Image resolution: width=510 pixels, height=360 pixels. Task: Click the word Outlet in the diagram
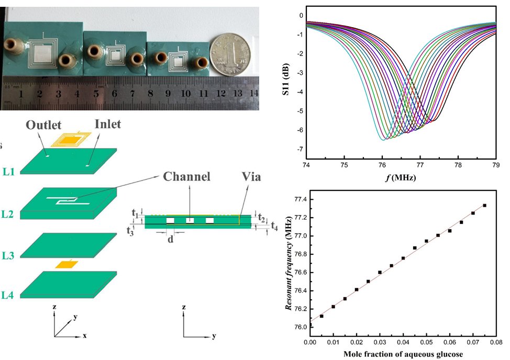(x=44, y=125)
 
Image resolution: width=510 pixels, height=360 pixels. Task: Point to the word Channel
(x=187, y=176)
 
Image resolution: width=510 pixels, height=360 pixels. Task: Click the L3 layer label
(x=8, y=256)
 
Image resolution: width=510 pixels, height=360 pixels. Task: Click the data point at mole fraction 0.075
(x=484, y=206)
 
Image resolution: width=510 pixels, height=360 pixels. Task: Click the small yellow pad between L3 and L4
(x=67, y=265)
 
